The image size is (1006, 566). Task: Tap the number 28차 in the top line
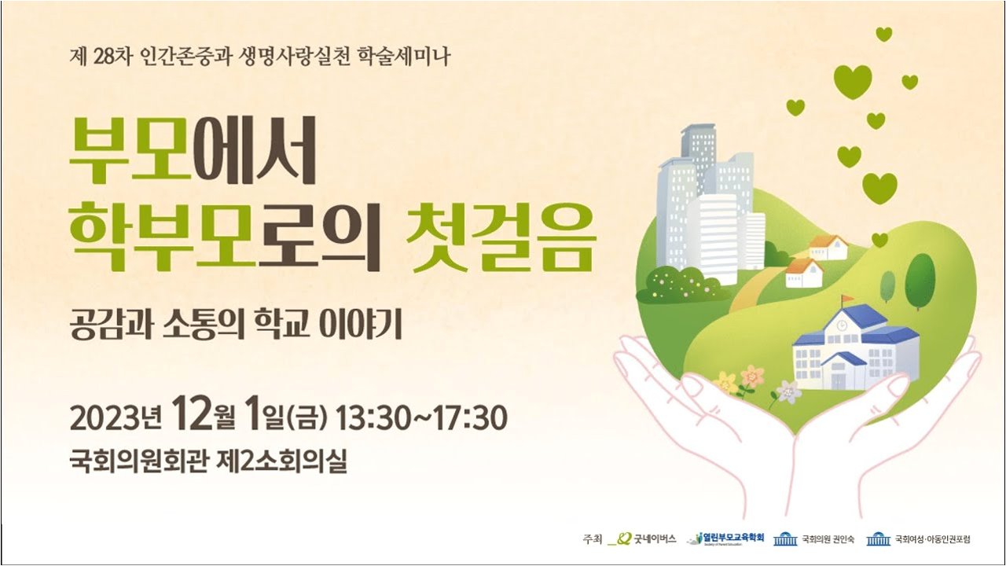[x=112, y=57]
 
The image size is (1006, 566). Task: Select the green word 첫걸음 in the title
[x=505, y=238]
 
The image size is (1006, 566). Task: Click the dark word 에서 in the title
[x=256, y=152]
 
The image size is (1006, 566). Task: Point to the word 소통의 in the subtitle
[x=202, y=325]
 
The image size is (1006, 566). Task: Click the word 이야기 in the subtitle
[x=360, y=325]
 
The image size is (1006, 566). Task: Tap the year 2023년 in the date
[x=116, y=418]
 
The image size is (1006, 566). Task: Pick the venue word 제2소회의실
[x=282, y=461]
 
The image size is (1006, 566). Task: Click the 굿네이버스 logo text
[x=655, y=538]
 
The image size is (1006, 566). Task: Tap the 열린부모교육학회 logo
[x=725, y=538]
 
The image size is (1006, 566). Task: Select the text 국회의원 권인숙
[x=828, y=538]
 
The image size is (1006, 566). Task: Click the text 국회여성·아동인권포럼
[x=933, y=538]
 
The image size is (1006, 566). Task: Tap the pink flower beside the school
[x=752, y=377]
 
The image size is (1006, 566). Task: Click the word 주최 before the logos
[x=592, y=538]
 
